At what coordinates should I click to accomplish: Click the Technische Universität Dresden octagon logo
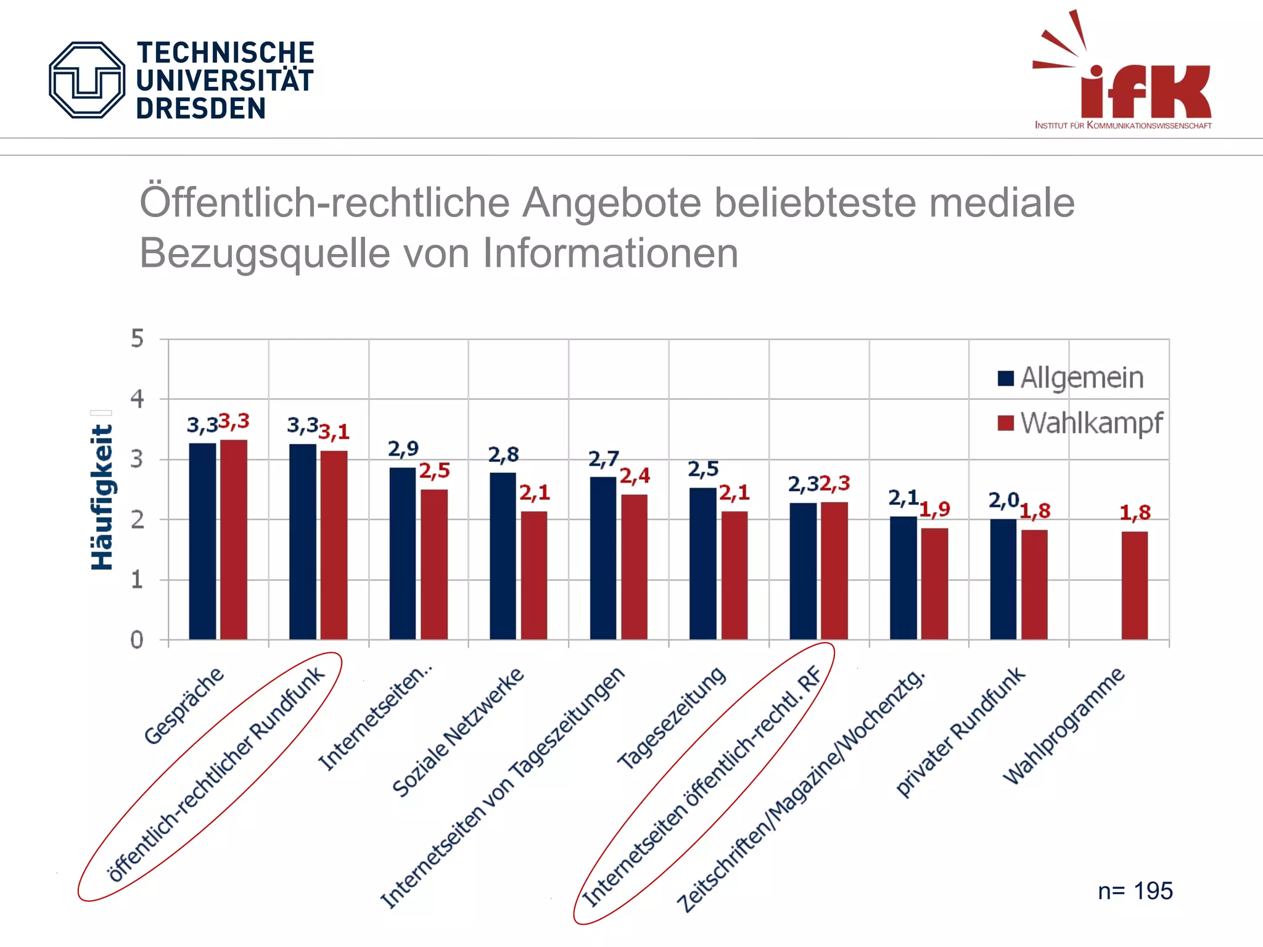click(87, 80)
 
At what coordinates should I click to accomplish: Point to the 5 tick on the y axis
click(137, 338)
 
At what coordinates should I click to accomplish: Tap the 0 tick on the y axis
click(137, 640)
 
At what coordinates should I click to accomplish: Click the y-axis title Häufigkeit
click(102, 497)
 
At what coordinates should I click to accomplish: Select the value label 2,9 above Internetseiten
click(403, 449)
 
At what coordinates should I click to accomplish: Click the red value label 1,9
click(935, 509)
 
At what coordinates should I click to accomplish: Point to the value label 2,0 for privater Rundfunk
click(1003, 500)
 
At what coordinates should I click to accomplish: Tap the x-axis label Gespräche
click(184, 705)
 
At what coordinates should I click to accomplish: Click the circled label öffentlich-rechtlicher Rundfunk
click(216, 774)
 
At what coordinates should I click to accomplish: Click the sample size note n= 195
click(1135, 891)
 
